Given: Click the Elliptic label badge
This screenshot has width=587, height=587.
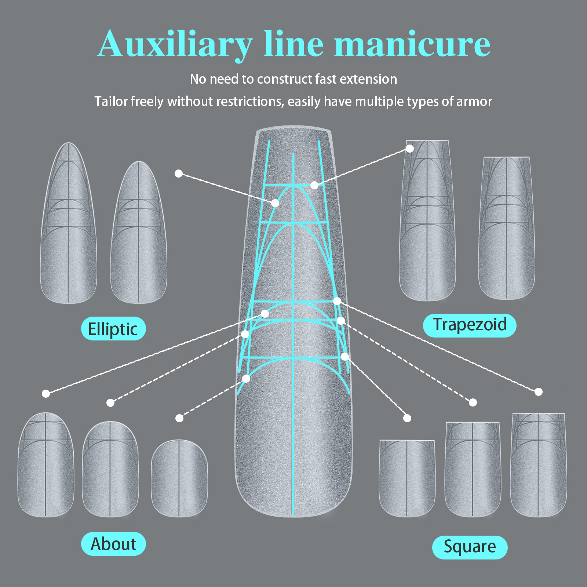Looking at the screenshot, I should point(113,329).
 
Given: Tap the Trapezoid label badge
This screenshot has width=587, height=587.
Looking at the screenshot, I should point(470,325).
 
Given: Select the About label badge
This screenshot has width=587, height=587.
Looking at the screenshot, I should point(113,544).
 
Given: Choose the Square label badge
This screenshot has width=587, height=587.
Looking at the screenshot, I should point(470,547).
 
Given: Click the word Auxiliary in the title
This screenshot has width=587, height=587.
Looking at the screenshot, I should point(175,45).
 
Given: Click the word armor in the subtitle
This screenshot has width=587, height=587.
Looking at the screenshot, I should point(474,101).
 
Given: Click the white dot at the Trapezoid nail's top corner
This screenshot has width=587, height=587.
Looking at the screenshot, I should point(410,149).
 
